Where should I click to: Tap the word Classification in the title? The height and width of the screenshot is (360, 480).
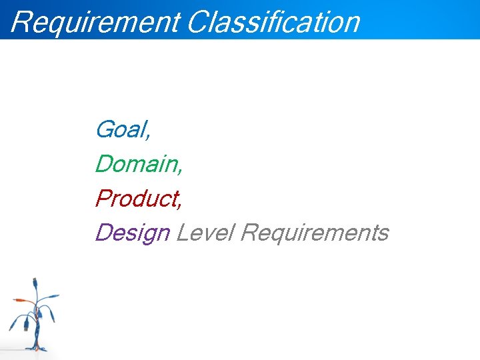click(273, 21)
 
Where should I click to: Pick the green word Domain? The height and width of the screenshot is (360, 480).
click(137, 164)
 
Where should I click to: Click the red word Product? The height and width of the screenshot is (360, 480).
click(137, 199)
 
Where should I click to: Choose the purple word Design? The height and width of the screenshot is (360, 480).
click(133, 233)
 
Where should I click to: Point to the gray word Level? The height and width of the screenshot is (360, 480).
click(204, 233)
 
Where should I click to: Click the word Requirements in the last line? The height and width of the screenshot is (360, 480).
click(314, 233)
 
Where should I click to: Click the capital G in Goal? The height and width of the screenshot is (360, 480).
click(105, 129)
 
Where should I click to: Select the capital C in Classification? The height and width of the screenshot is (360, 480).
click(198, 21)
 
